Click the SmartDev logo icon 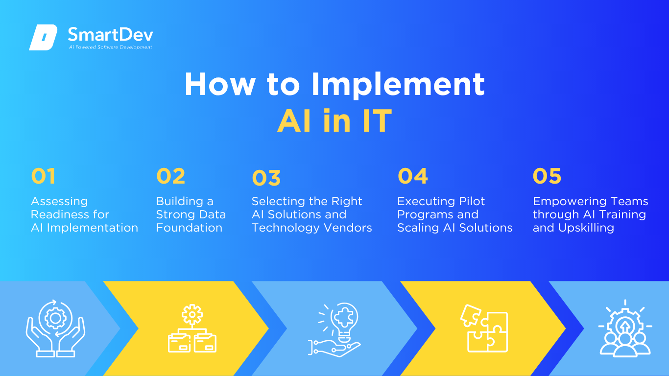(x=43, y=37)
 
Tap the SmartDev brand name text (x=111, y=34)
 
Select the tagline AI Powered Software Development (x=110, y=47)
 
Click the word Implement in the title (x=398, y=85)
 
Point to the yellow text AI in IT (x=334, y=120)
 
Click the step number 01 (x=43, y=176)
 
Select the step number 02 (x=170, y=176)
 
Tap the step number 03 (x=266, y=178)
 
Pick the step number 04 (x=412, y=176)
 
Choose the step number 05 (x=547, y=176)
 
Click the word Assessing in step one (x=59, y=202)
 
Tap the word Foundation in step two (x=189, y=228)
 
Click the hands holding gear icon (x=55, y=328)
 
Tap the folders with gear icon (x=192, y=328)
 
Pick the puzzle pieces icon (x=484, y=329)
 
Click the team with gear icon (x=625, y=329)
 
